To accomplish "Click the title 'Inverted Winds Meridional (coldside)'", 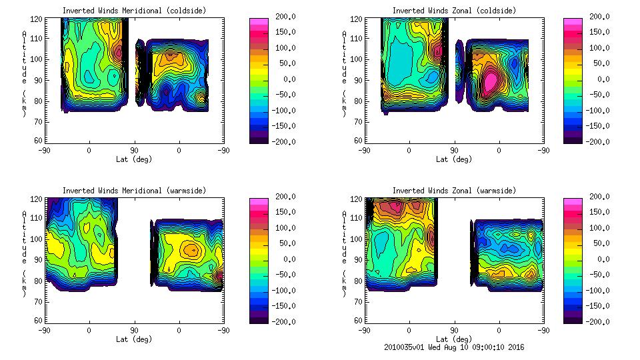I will pos(135,11).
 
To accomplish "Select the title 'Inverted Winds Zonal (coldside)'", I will pos(454,11).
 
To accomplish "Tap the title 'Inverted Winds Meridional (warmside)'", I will pos(135,191).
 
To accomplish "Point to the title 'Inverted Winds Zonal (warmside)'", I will pos(454,191).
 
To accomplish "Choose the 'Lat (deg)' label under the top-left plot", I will pos(134,159).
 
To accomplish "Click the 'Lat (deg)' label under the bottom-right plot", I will pos(453,339).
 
